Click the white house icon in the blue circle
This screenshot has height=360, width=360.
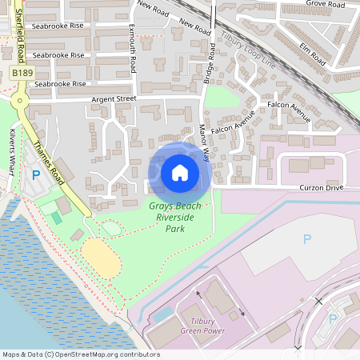click(x=180, y=172)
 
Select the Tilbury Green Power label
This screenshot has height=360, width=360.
click(x=202, y=326)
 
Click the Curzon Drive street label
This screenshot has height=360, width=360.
click(x=322, y=187)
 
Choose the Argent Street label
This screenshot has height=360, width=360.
click(x=115, y=99)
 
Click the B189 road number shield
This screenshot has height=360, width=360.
click(x=22, y=73)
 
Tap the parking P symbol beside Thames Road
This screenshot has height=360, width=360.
click(x=35, y=174)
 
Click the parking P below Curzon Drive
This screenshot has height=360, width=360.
click(x=307, y=238)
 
